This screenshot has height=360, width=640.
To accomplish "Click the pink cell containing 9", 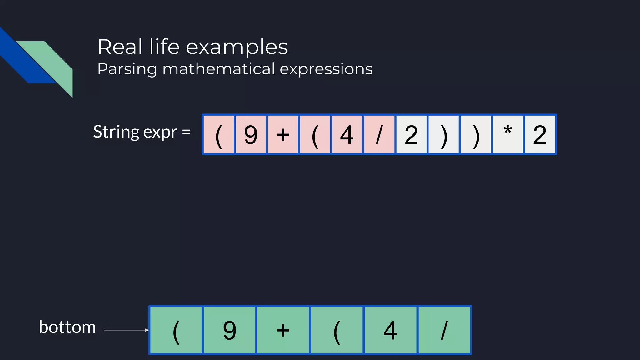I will pos(251,135).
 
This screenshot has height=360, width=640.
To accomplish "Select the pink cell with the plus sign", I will pos(283,135).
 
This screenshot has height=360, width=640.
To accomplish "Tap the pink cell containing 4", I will pos(347,135).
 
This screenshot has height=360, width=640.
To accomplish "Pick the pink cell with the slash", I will pos(379,135).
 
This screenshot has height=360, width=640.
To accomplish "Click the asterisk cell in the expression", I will pos(507,135).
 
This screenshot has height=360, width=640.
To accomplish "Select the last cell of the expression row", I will pos(540,135).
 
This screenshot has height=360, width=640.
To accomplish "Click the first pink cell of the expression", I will pos(219,135).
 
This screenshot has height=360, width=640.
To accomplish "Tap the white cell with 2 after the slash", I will pos(411,135).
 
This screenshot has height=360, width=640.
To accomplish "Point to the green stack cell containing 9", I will pos(230,330).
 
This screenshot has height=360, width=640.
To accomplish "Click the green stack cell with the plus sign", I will pos(283,330).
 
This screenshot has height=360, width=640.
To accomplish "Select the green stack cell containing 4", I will pos(390,330).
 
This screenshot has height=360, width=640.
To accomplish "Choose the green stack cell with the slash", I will pos(444,330).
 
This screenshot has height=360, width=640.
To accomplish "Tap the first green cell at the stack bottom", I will pos(176,330).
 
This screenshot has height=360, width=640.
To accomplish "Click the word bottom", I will pos(67,327).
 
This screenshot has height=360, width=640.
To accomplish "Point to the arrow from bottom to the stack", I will pos(126,330).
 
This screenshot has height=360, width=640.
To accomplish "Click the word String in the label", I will pos(116,132).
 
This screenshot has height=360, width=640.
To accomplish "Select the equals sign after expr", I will pos(186,132).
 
